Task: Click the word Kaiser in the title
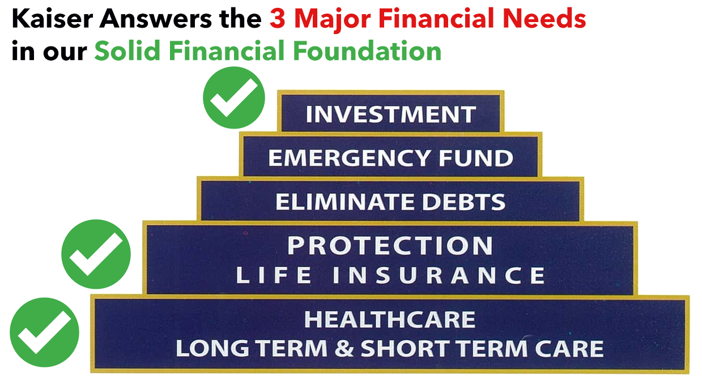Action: pos(52,19)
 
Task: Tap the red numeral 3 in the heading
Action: pos(278,19)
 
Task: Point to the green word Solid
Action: pos(127,50)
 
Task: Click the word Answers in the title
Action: pos(156,19)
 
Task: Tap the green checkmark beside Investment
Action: pos(234,97)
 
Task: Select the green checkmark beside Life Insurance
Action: pos(96,254)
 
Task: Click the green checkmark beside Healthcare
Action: pos(45,332)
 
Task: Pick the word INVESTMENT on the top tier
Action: pos(391,114)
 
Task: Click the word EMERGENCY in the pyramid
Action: pos(349,158)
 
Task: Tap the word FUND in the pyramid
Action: pos(476,158)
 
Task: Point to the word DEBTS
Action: pos(464,202)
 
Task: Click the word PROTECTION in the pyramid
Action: pos(390,246)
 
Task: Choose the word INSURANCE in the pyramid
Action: pos(439,275)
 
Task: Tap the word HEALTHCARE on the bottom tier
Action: pos(390,320)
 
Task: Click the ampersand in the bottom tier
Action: pos(344,348)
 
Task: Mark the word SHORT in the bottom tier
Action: pos(405,348)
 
